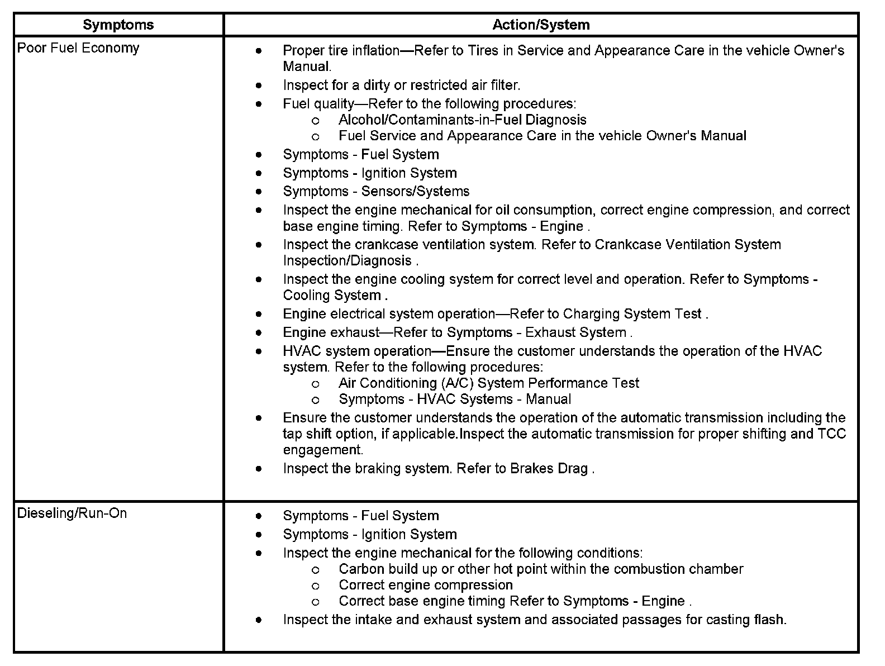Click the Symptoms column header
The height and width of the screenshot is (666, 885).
pyautogui.click(x=118, y=25)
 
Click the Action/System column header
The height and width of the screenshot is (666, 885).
pyautogui.click(x=541, y=25)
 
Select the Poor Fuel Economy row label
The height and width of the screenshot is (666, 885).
pyautogui.click(x=78, y=48)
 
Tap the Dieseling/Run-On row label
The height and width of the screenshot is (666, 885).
pyautogui.click(x=72, y=513)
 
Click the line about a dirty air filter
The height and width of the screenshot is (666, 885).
pyautogui.click(x=401, y=85)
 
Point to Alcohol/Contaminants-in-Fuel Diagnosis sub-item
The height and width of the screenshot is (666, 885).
pyautogui.click(x=462, y=120)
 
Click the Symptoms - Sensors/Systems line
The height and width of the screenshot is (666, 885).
pyautogui.click(x=376, y=191)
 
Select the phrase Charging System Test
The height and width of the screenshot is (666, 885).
pyautogui.click(x=632, y=313)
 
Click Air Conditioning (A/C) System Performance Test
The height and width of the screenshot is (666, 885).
pyautogui.click(x=488, y=383)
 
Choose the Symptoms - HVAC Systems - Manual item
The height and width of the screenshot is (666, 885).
pyautogui.click(x=455, y=399)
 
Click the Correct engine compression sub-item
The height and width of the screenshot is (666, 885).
pyautogui.click(x=425, y=585)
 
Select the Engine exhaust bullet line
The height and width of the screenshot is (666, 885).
pyautogui.click(x=458, y=332)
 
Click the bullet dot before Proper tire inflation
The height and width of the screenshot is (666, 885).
pyautogui.click(x=258, y=51)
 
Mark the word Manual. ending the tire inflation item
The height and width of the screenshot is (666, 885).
pyautogui.click(x=307, y=66)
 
